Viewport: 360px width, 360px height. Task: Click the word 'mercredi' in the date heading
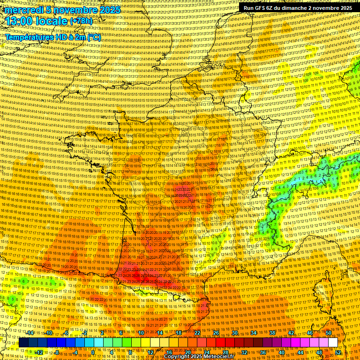(22, 10)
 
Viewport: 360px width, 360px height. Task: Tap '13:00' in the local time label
(19, 21)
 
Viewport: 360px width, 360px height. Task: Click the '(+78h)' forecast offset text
(81, 22)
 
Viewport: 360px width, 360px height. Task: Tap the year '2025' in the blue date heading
(109, 10)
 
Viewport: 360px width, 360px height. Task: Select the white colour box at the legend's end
(333, 343)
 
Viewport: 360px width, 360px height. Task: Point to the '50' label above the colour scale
(329, 333)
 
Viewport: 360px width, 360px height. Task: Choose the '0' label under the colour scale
(93, 352)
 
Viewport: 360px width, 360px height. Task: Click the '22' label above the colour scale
(197, 333)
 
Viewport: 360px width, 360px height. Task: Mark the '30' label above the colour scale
(235, 333)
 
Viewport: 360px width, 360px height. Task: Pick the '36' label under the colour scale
(263, 352)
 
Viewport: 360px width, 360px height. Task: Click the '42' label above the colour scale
(291, 333)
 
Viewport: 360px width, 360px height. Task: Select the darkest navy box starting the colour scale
(23, 343)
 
